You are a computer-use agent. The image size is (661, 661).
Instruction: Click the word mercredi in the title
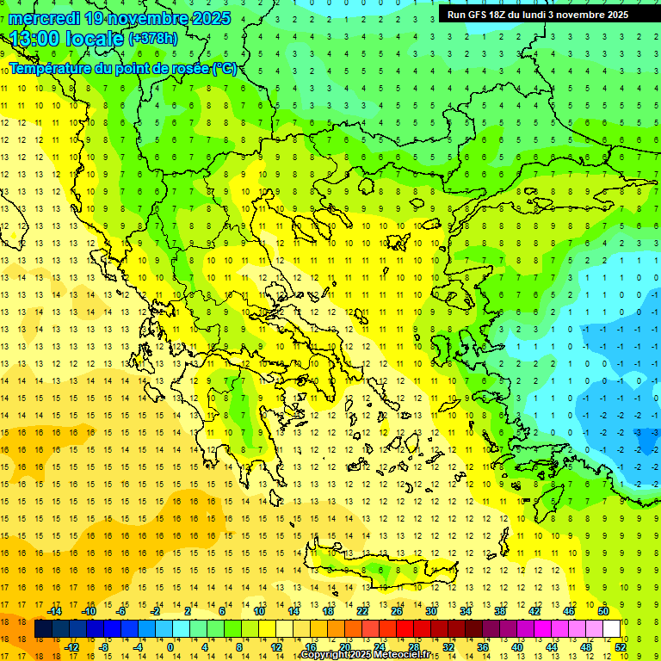(x=45, y=18)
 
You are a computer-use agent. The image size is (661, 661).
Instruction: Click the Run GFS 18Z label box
(x=536, y=14)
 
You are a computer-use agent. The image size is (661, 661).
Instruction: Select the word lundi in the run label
(x=565, y=14)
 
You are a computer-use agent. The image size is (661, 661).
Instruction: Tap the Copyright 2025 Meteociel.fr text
(x=365, y=655)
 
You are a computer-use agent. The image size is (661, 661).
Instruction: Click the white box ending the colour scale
(x=611, y=629)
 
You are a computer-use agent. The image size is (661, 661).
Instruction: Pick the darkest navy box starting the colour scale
(x=43, y=629)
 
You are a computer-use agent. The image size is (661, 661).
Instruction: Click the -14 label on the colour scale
(x=54, y=611)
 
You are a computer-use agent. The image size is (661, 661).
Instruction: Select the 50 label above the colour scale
(x=602, y=611)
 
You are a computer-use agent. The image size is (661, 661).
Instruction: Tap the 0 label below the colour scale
(x=170, y=646)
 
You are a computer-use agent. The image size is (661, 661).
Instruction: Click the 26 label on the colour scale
(x=397, y=611)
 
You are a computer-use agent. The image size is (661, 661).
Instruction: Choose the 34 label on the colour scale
(x=465, y=611)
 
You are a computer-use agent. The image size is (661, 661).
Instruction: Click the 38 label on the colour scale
(x=499, y=611)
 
